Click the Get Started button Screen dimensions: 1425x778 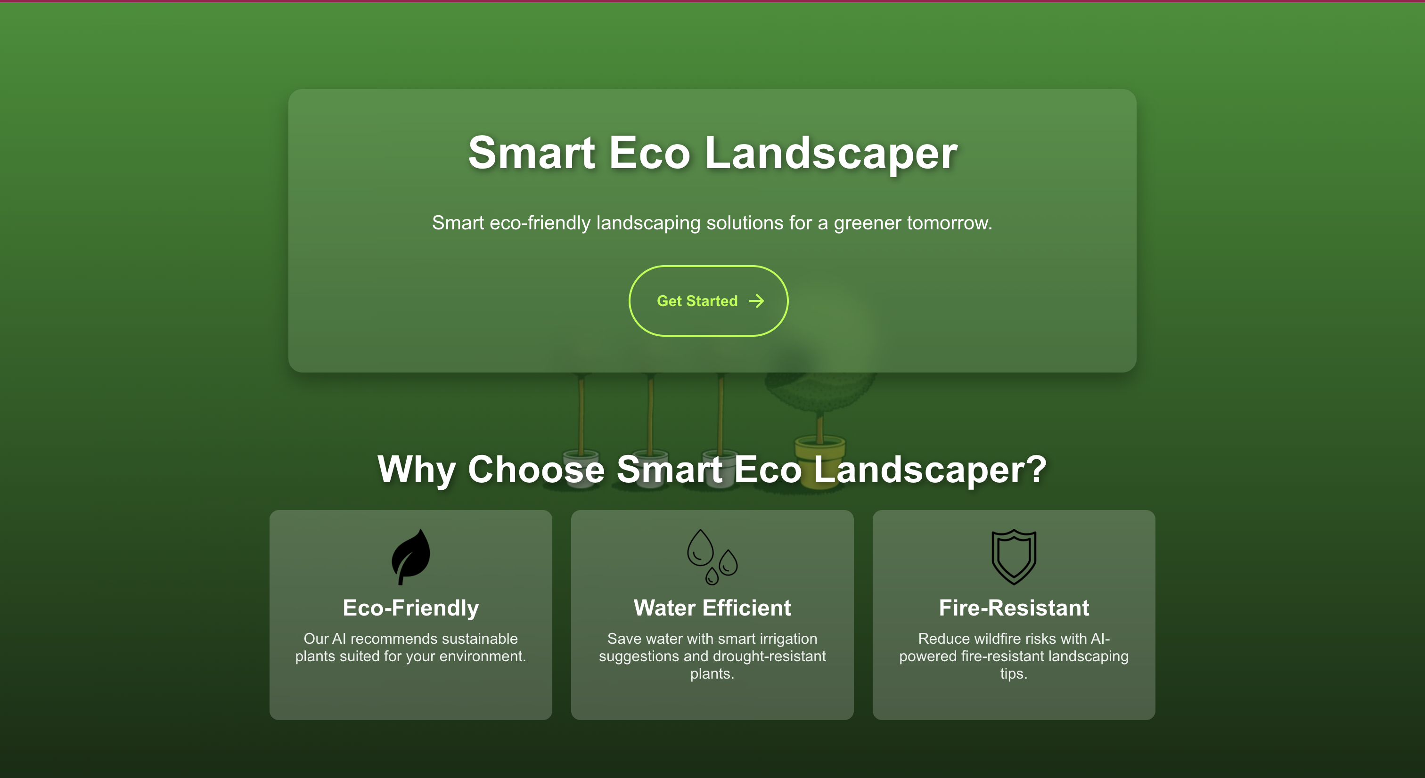tap(708, 301)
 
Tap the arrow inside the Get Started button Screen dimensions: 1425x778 tap(756, 301)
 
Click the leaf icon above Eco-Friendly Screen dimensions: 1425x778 tap(411, 557)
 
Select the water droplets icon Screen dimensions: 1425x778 tap(712, 557)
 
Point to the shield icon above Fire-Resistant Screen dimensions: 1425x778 tap(1014, 557)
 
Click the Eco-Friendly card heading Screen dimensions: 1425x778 tap(411, 608)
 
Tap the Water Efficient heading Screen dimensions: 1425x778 tap(712, 608)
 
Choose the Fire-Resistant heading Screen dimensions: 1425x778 tap(1014, 608)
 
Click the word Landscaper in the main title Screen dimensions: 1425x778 tap(831, 153)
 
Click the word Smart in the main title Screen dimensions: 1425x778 tap(532, 153)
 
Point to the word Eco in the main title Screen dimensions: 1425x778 tap(650, 153)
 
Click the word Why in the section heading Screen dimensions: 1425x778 tap(417, 470)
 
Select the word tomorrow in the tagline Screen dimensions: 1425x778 tap(948, 223)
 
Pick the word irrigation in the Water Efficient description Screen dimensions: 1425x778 tap(788, 639)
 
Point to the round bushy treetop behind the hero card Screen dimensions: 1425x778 tap(819, 381)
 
